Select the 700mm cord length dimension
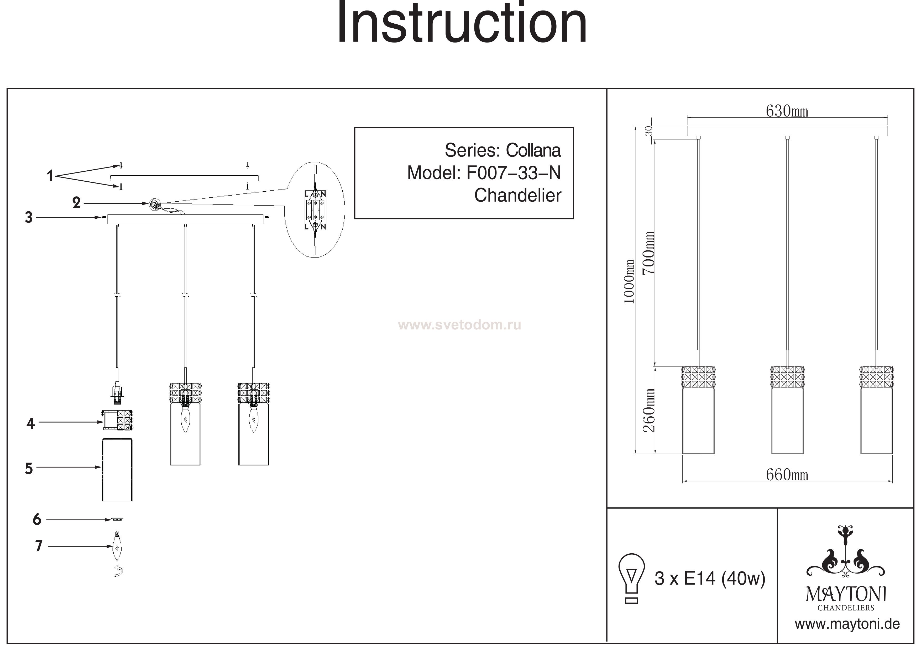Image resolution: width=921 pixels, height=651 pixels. coord(648,253)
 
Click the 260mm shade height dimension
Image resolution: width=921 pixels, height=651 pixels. coord(648,410)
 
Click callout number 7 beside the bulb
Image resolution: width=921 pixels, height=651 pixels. coord(39,546)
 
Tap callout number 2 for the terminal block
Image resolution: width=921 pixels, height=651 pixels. coord(76,203)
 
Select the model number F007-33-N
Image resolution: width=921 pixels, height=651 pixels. coord(514,173)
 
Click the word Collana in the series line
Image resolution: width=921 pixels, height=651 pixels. coord(533,150)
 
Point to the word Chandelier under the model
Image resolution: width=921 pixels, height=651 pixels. coord(517,195)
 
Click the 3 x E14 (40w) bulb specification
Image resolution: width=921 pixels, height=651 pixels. coord(710,578)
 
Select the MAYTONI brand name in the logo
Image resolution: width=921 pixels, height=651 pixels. coord(846,595)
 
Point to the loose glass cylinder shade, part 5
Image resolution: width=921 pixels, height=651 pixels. coord(117,469)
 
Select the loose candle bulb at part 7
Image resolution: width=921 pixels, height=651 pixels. coord(117,547)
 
